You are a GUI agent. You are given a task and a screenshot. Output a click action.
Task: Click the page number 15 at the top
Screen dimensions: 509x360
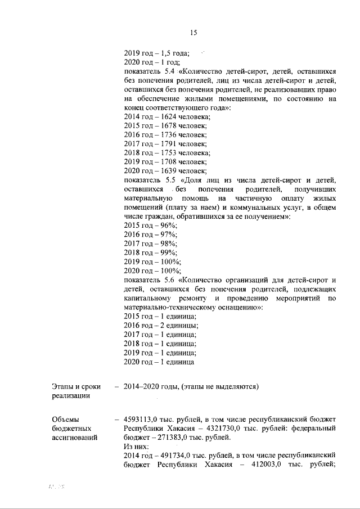click(193, 33)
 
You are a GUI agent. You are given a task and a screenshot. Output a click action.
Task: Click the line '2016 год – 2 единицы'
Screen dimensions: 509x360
click(160, 325)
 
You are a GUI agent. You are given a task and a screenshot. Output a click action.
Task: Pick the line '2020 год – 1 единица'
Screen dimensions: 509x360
click(159, 361)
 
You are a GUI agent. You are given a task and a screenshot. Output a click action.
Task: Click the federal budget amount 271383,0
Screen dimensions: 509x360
click(173, 437)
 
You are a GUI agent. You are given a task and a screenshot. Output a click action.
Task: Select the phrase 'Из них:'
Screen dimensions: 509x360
click(136, 446)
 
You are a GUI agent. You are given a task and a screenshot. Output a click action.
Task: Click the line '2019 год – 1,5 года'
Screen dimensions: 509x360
click(156, 53)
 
